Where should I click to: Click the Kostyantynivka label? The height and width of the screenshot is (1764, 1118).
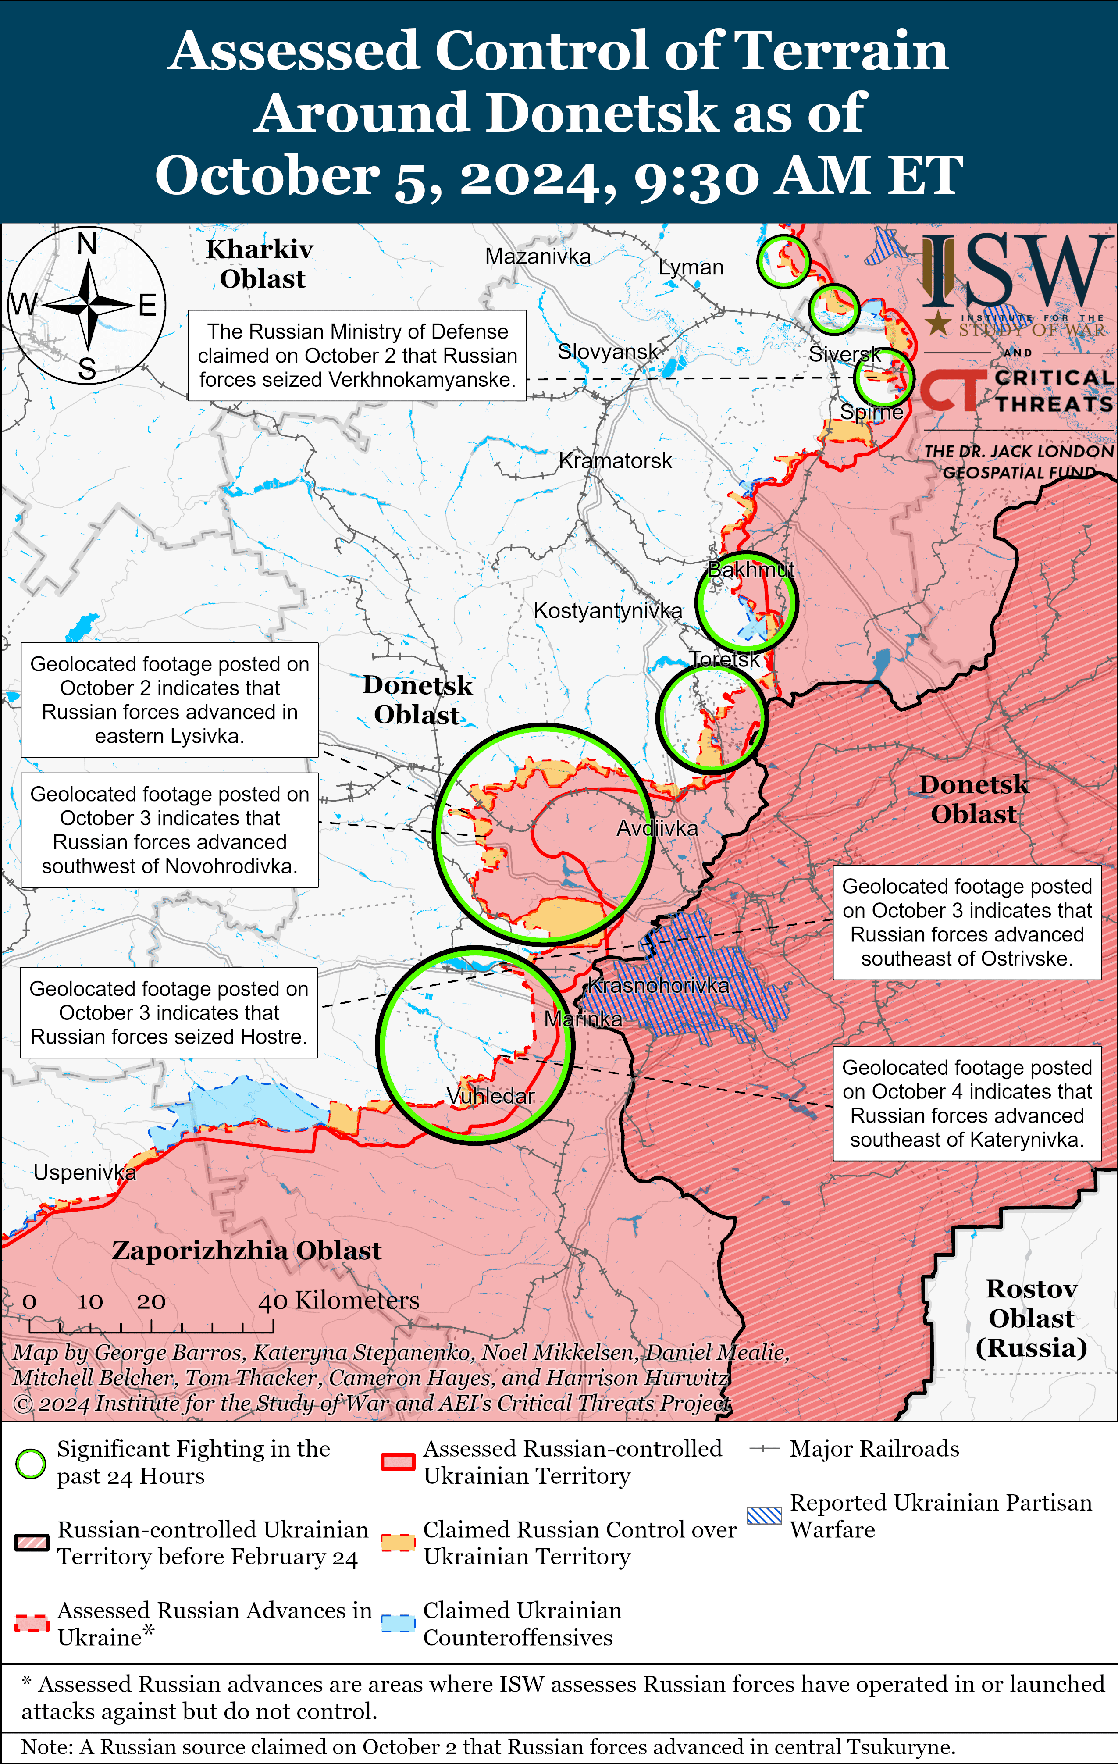607,610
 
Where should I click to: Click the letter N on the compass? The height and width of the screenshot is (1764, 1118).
87,243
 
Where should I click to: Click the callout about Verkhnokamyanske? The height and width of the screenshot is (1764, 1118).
357,355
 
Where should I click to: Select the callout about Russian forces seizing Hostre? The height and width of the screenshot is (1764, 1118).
168,1012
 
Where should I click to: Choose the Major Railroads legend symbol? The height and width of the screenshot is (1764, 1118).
764,1449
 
